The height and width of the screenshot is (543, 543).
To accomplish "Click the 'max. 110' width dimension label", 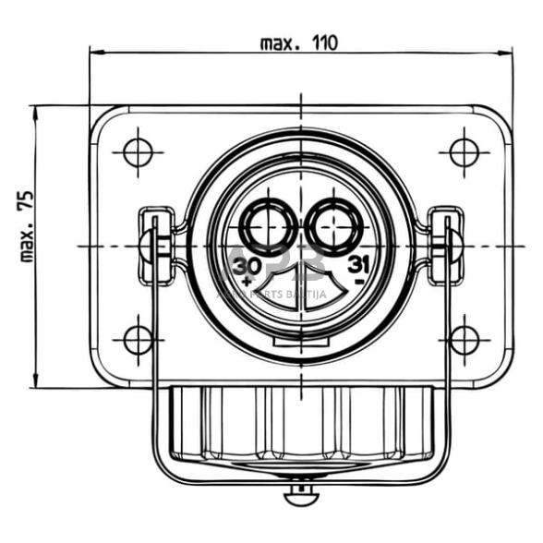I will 299,42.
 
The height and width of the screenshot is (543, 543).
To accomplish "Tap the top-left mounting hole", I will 138,151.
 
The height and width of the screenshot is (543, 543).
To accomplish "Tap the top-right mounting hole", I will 464,151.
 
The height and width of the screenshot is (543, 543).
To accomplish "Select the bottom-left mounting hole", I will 138,340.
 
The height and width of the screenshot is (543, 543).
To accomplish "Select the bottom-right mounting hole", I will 464,340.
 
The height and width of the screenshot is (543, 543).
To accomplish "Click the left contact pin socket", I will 268,224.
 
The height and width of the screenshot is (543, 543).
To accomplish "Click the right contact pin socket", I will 333,224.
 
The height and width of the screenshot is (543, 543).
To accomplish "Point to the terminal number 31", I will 359,265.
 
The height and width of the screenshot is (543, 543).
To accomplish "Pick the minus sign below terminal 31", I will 358,279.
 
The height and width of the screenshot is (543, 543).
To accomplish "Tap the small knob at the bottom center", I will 300,497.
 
